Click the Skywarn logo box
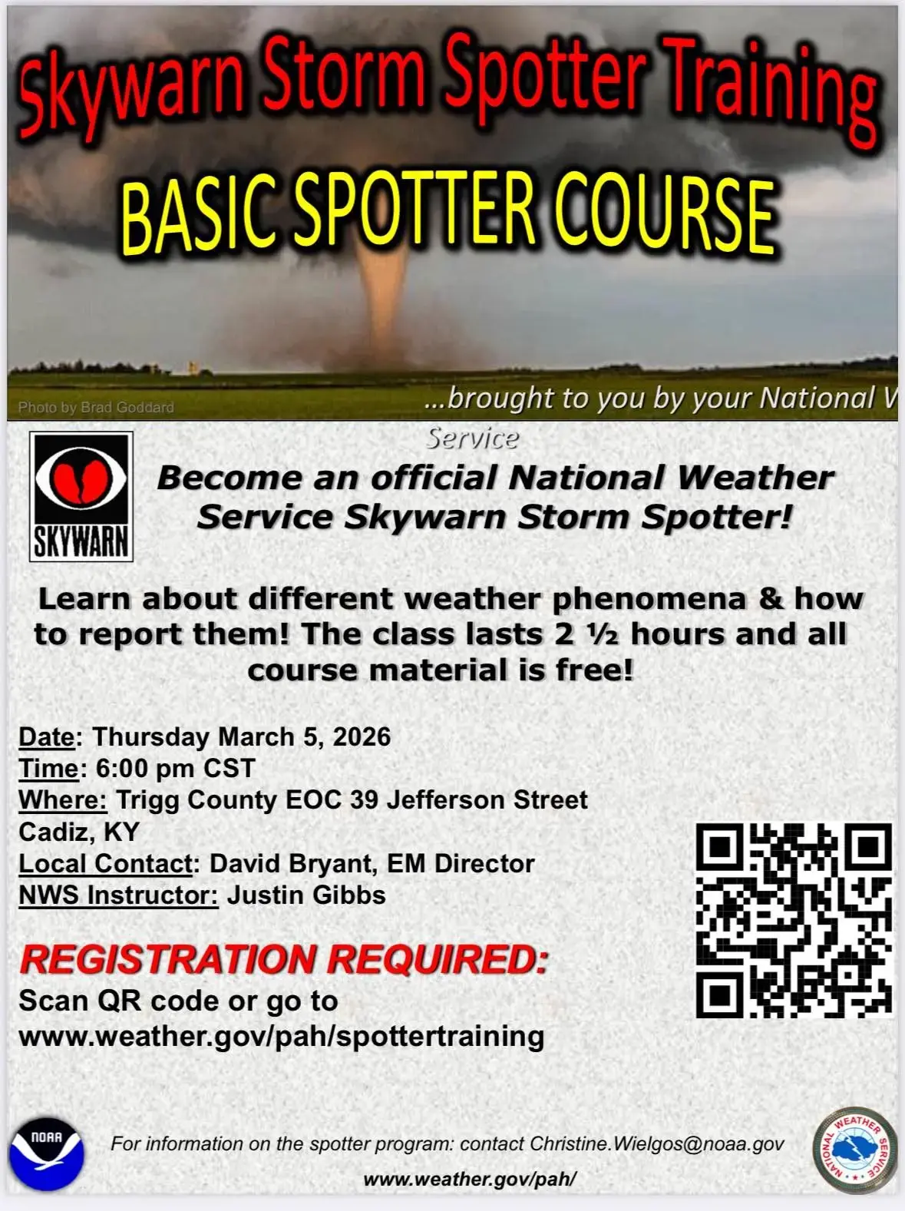(x=81, y=496)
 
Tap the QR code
(x=794, y=920)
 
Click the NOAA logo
(x=46, y=1153)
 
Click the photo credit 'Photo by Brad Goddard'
(x=96, y=407)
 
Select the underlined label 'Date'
(x=47, y=736)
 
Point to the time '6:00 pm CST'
(x=175, y=768)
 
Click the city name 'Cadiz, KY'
(x=79, y=832)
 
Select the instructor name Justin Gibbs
(x=306, y=895)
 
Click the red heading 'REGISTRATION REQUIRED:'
(x=284, y=959)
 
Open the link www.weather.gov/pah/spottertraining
(x=281, y=1036)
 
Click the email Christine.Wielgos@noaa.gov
(x=657, y=1143)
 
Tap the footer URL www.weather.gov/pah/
(x=470, y=1179)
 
